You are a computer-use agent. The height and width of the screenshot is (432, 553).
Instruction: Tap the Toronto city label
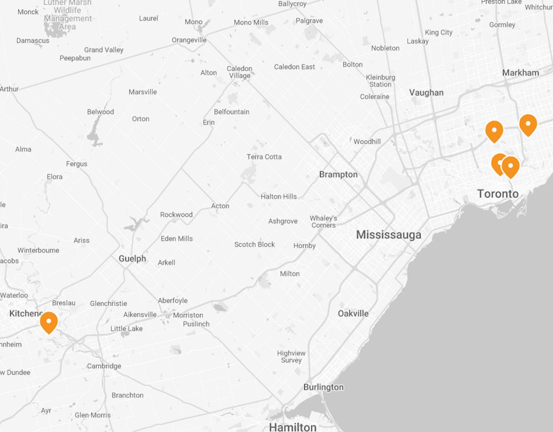(x=498, y=194)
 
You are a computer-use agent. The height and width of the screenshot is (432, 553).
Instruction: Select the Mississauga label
(x=389, y=235)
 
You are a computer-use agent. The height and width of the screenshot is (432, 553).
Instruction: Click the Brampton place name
(x=338, y=174)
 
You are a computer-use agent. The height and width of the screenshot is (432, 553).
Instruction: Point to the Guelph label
(x=132, y=258)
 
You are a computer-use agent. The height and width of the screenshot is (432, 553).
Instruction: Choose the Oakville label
(x=353, y=313)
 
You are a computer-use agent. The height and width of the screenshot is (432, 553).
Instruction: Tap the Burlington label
(x=323, y=387)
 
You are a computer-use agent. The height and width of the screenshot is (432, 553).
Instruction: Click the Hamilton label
(x=292, y=427)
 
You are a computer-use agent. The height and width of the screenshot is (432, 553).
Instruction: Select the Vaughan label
(x=426, y=92)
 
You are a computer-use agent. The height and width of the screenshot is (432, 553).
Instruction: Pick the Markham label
(x=520, y=72)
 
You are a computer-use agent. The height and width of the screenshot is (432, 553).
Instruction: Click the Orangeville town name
(x=189, y=40)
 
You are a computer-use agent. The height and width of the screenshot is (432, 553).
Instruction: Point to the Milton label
(x=290, y=273)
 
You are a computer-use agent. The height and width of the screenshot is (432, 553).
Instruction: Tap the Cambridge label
(x=104, y=366)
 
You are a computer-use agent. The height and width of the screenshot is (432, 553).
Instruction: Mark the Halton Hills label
(x=279, y=197)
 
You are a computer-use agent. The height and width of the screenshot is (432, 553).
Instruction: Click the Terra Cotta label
(x=264, y=157)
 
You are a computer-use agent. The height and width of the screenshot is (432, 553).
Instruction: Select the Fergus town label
(x=77, y=164)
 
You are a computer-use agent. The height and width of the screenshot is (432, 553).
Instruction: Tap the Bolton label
(x=352, y=64)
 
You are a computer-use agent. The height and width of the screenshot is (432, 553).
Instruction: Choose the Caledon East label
(x=294, y=67)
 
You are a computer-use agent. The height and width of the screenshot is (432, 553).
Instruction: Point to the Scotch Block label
(x=254, y=244)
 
